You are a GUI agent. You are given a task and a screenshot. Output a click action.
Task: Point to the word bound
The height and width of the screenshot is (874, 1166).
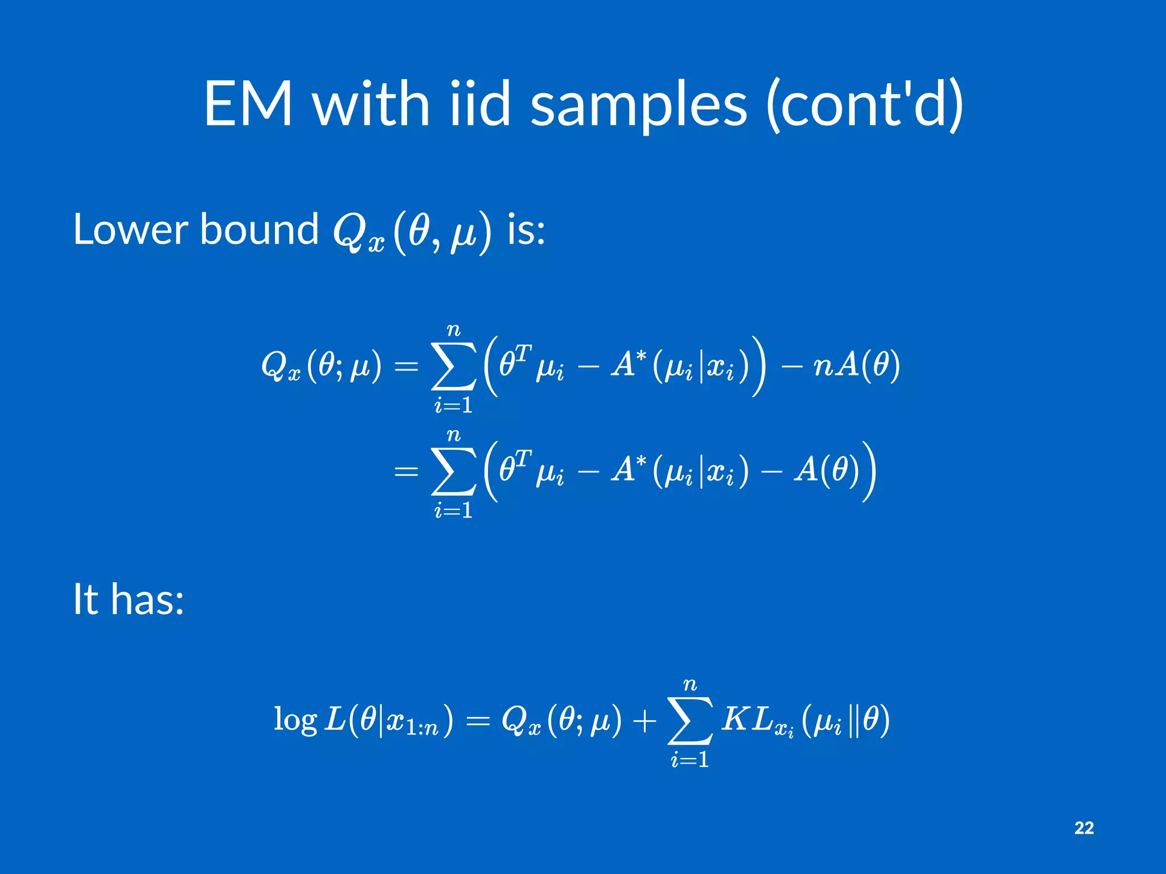pyautogui.click(x=259, y=230)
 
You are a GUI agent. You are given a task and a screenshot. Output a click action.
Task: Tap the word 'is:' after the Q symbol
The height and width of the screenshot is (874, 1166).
pyautogui.click(x=525, y=230)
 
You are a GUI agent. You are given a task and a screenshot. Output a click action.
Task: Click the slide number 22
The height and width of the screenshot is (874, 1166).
pyautogui.click(x=1084, y=828)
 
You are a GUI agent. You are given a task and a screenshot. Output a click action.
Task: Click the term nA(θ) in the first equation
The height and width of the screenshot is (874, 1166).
pyautogui.click(x=856, y=365)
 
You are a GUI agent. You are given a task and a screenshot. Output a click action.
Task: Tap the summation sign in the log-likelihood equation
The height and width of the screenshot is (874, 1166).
pyautogui.click(x=690, y=721)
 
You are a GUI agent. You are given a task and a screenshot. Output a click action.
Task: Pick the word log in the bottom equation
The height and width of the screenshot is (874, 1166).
pyautogui.click(x=295, y=720)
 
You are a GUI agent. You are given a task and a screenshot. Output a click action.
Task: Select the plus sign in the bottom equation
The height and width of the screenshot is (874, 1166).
pyautogui.click(x=644, y=721)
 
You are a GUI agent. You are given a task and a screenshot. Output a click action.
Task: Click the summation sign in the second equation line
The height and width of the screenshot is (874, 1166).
pyautogui.click(x=454, y=471)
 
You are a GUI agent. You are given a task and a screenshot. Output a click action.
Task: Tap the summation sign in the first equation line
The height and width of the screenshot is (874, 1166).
pyautogui.click(x=454, y=366)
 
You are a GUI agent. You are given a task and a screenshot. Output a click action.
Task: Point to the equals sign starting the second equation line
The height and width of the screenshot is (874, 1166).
pyautogui.click(x=406, y=472)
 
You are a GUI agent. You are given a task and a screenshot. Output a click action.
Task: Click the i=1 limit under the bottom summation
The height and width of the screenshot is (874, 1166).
pyautogui.click(x=690, y=760)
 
